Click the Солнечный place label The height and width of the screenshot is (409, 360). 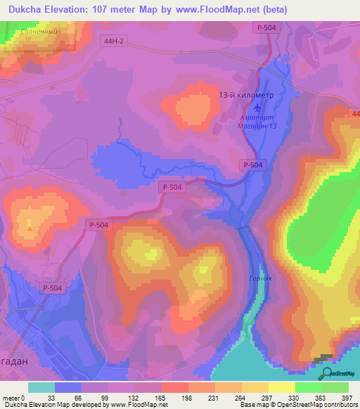click(x=39, y=32)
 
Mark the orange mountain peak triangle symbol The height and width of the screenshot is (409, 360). click(x=29, y=228)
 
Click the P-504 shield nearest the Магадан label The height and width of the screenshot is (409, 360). click(x=51, y=287)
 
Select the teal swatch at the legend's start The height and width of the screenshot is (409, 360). click(x=41, y=388)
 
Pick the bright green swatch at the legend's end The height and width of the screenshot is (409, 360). click(x=334, y=388)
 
